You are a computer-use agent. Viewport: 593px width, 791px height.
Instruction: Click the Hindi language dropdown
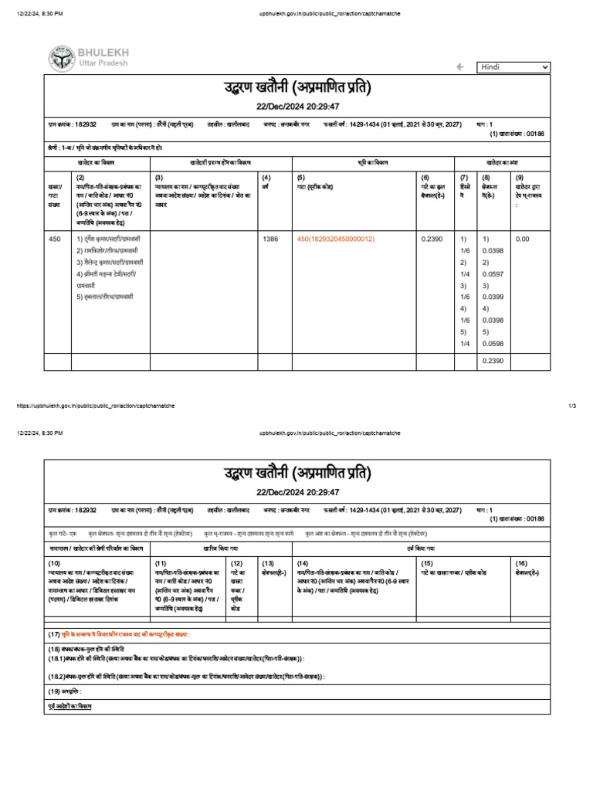513,67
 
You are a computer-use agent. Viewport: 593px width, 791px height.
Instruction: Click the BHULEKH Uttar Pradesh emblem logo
61,59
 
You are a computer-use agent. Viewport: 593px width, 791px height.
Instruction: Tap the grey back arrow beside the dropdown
460,67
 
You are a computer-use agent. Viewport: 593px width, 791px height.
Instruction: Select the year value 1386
270,239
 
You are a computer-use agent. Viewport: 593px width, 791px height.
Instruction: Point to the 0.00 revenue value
523,239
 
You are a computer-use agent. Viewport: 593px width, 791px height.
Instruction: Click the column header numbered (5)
302,177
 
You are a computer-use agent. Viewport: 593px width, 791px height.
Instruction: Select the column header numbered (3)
159,177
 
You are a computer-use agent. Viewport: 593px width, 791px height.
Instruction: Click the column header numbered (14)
303,564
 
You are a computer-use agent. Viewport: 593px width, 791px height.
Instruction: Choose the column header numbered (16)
522,564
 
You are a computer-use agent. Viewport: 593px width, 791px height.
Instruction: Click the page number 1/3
572,406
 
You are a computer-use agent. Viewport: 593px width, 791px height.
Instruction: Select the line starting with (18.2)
185,676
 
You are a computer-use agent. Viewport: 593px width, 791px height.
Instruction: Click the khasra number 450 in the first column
54,239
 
